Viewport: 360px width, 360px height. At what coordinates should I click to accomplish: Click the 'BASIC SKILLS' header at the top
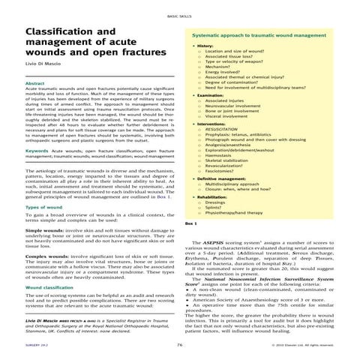(x=179, y=14)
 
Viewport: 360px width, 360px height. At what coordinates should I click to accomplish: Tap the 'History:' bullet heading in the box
(x=202, y=46)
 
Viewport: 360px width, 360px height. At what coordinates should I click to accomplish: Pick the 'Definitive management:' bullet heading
(x=221, y=181)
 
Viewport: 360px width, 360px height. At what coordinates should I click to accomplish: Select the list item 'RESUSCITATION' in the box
(x=229, y=130)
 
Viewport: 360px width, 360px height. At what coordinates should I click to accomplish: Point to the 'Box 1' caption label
(x=190, y=223)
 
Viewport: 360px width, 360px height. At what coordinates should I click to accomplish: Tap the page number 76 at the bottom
(x=180, y=344)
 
